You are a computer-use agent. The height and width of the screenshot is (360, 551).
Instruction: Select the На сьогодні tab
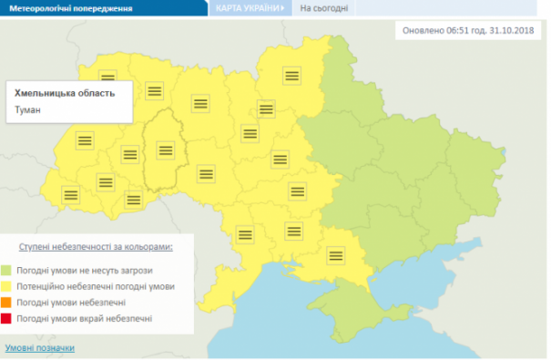pos(322,8)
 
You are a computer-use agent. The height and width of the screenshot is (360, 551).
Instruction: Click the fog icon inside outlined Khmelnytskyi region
pos(165,150)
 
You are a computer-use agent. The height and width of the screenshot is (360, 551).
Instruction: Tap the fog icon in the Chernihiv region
pos(291,75)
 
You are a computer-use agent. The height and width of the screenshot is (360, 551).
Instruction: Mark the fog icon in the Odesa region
pos(244,233)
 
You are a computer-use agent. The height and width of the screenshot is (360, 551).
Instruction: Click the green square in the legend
pos(30,272)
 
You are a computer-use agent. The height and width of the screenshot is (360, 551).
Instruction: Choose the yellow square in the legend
pos(30,287)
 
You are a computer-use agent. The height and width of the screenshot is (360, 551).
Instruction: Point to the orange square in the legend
pos(30,303)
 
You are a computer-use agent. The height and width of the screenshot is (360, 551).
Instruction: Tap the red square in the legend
pos(30,318)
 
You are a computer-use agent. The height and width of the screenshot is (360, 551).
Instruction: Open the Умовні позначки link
pos(40,348)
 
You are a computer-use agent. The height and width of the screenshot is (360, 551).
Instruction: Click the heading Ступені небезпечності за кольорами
pos(96,247)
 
